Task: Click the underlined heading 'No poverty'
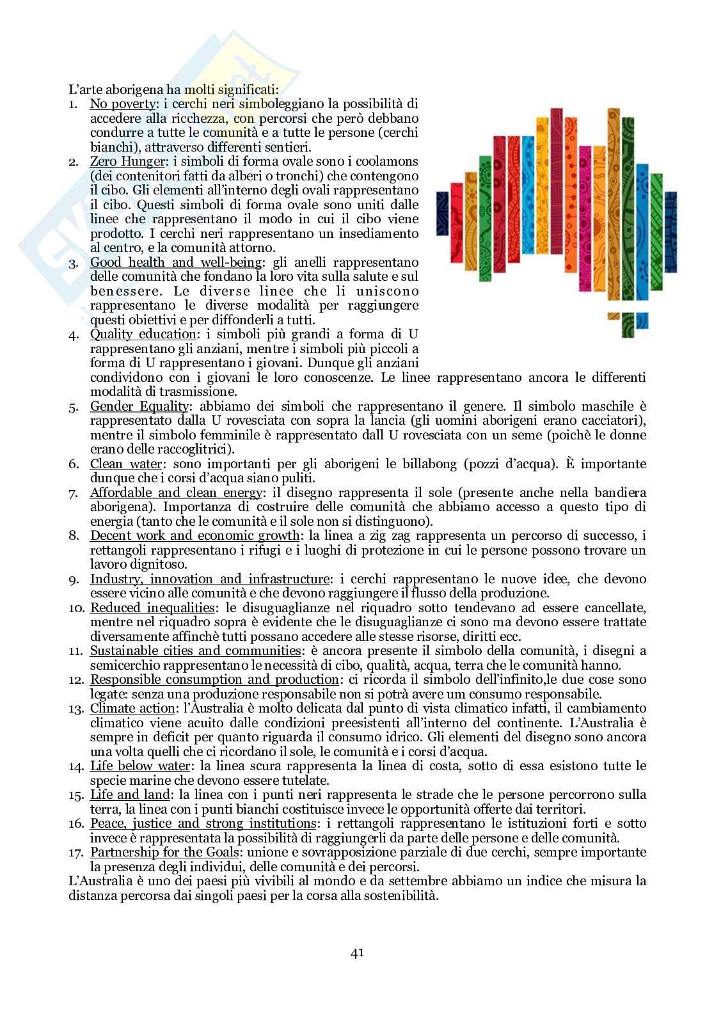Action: (x=122, y=104)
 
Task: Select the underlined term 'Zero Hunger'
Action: (x=127, y=161)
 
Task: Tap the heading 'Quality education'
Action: (x=143, y=334)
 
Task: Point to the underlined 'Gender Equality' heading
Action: (x=139, y=407)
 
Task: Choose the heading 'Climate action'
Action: (x=132, y=709)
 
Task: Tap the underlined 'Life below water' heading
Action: (x=140, y=766)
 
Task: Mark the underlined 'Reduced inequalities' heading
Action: (x=152, y=608)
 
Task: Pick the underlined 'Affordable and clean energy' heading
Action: (x=177, y=493)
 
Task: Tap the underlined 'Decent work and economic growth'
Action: (x=194, y=536)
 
